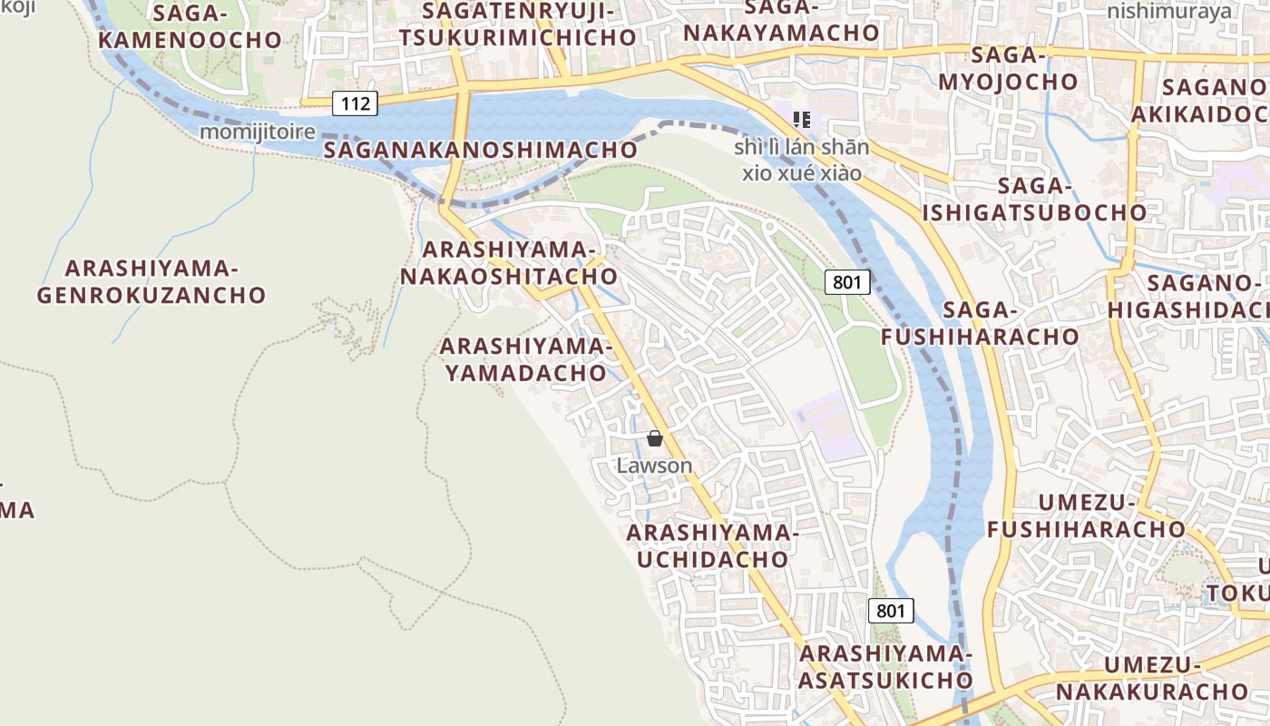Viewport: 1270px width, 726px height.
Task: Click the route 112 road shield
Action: pyautogui.click(x=355, y=103)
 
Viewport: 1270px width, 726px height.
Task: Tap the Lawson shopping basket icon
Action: pyautogui.click(x=655, y=439)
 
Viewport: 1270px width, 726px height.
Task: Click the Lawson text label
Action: pyautogui.click(x=654, y=466)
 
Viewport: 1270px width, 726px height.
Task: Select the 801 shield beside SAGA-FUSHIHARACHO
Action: pyautogui.click(x=847, y=282)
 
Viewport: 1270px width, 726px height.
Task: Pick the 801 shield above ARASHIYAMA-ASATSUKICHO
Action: pyautogui.click(x=891, y=611)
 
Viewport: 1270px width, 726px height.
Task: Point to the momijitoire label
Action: pyautogui.click(x=258, y=132)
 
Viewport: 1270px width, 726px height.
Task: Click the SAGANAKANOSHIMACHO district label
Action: pyautogui.click(x=480, y=150)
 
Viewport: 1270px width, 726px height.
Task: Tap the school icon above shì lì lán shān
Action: pyautogui.click(x=801, y=119)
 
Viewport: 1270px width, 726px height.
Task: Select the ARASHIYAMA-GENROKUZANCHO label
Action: pyautogui.click(x=151, y=281)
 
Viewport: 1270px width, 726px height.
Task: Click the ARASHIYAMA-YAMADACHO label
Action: pyautogui.click(x=523, y=359)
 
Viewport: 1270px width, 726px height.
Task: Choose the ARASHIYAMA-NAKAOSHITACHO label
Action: pyautogui.click(x=509, y=263)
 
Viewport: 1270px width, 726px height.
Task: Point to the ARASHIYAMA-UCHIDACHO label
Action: pyautogui.click(x=712, y=545)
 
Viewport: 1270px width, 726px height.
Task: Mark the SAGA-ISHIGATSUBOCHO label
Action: pyautogui.click(x=1034, y=200)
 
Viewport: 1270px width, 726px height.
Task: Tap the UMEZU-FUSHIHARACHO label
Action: pyautogui.click(x=1087, y=515)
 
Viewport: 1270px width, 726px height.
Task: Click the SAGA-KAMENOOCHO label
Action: pyautogui.click(x=190, y=26)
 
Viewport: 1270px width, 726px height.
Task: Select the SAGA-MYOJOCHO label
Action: pyautogui.click(x=1009, y=68)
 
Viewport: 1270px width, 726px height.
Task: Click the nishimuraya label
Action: pyautogui.click(x=1169, y=11)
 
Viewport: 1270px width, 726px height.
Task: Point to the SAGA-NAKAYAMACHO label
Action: pyautogui.click(x=781, y=20)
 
